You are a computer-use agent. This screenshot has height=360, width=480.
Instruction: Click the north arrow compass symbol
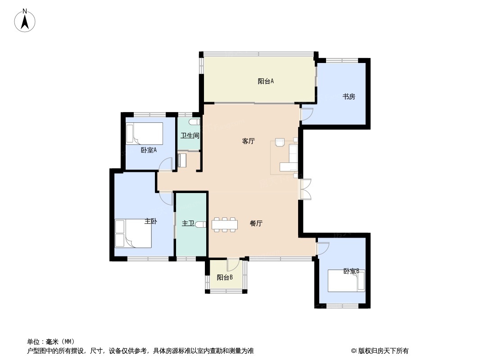click(x=25, y=21)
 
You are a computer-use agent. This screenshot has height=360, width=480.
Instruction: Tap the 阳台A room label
click(x=265, y=81)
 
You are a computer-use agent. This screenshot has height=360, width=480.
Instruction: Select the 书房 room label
click(x=349, y=97)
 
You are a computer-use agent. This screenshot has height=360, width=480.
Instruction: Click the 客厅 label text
click(x=248, y=141)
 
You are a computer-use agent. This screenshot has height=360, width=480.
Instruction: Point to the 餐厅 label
click(x=256, y=223)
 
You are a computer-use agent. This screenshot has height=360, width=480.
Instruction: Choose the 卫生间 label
click(x=190, y=135)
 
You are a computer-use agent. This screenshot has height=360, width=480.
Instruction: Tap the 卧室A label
click(x=149, y=150)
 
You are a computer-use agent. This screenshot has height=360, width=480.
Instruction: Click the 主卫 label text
click(x=188, y=224)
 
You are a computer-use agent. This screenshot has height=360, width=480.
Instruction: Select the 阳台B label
click(x=225, y=277)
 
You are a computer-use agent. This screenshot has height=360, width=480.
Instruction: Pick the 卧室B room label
click(x=351, y=271)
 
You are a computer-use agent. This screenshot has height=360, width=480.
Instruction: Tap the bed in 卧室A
click(x=145, y=133)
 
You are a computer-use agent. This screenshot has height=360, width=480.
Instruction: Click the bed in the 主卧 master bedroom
click(x=133, y=234)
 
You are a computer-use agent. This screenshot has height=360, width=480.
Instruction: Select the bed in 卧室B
click(x=346, y=280)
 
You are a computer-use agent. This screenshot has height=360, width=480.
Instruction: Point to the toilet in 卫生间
click(x=194, y=122)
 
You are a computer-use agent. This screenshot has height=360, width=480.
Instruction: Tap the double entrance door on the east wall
click(x=305, y=189)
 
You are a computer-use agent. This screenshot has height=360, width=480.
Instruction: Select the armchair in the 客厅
click(x=280, y=143)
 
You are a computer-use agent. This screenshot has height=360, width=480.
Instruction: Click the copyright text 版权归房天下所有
click(x=383, y=351)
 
